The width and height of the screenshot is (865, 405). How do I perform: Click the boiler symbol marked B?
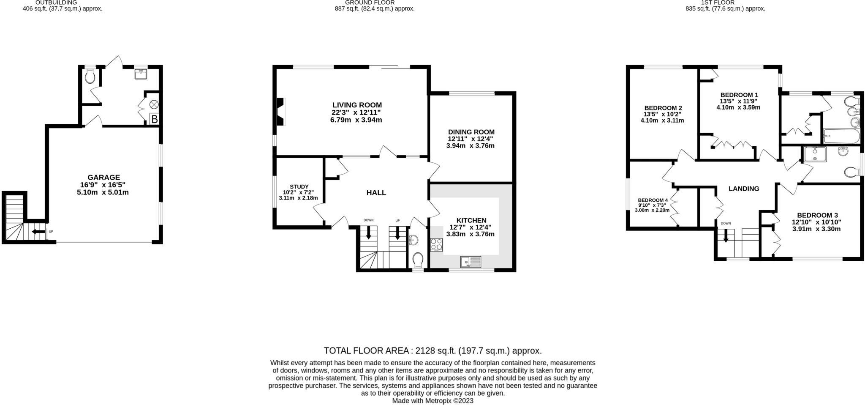pos(155,119)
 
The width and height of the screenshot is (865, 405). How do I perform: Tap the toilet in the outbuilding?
pos(90,76)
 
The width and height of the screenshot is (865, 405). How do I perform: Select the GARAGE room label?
pos(104,178)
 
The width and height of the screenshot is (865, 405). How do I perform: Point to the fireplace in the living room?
pos(280,112)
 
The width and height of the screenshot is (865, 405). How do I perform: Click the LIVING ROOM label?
pos(357,105)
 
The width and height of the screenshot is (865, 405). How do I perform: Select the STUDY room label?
pos(299,186)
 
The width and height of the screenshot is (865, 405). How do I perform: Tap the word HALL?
pos(376,193)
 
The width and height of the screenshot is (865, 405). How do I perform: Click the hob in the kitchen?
pos(437,245)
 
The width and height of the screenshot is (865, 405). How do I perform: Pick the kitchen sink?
pos(471,262)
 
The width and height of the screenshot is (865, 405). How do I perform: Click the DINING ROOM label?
pos(471,132)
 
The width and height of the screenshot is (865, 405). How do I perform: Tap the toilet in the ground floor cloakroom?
pos(418,260)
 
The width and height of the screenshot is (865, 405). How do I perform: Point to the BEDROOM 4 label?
pos(653,200)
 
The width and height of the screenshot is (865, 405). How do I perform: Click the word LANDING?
pos(744,189)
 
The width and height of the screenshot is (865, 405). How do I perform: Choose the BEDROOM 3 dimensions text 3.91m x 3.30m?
pos(816,229)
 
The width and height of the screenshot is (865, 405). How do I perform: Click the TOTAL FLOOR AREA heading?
pos(432,350)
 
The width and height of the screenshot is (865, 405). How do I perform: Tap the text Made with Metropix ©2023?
pos(433,401)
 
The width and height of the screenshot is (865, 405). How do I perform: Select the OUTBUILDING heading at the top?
pos(62,3)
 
